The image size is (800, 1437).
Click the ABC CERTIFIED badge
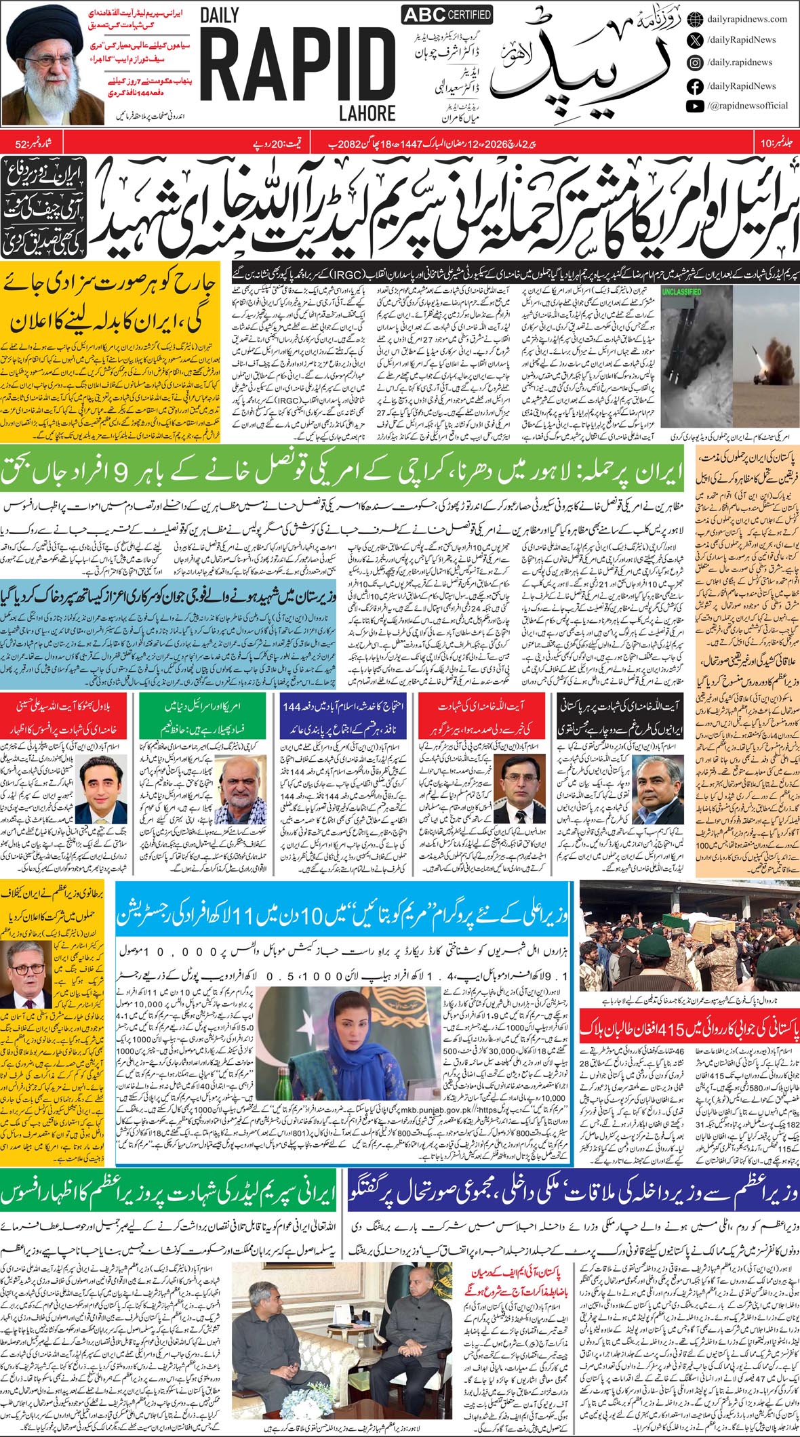pyautogui.click(x=447, y=15)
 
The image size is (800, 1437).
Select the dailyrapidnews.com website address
pyautogui.click(x=746, y=20)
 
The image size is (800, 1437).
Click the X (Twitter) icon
pyautogui.click(x=694, y=40)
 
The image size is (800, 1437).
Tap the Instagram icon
pyautogui.click(x=694, y=62)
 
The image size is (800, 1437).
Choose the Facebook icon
pyautogui.click(x=694, y=86)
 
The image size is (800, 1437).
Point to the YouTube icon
pyautogui.click(x=694, y=106)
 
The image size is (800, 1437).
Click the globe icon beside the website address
pyautogui.click(x=694, y=20)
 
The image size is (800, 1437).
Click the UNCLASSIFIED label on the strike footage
pyautogui.click(x=681, y=291)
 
